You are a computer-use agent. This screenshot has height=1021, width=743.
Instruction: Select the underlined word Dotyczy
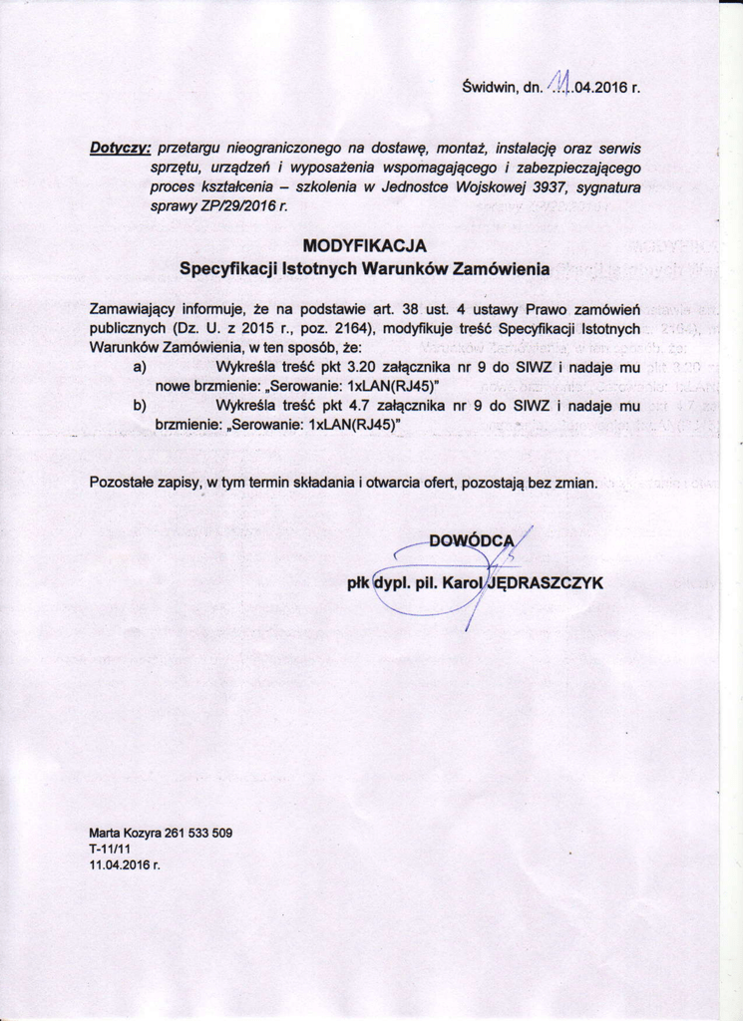[x=120, y=148]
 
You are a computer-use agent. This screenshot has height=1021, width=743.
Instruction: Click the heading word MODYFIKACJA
[x=364, y=245]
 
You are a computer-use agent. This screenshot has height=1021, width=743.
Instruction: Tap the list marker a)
[x=140, y=368]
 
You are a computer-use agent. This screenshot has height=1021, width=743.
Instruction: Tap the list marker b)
[x=140, y=406]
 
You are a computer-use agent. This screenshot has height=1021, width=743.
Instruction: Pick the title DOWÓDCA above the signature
[x=470, y=541]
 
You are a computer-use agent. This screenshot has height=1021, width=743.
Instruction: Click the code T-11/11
[x=110, y=849]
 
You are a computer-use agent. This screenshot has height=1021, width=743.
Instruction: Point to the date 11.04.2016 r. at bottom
[x=124, y=864]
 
